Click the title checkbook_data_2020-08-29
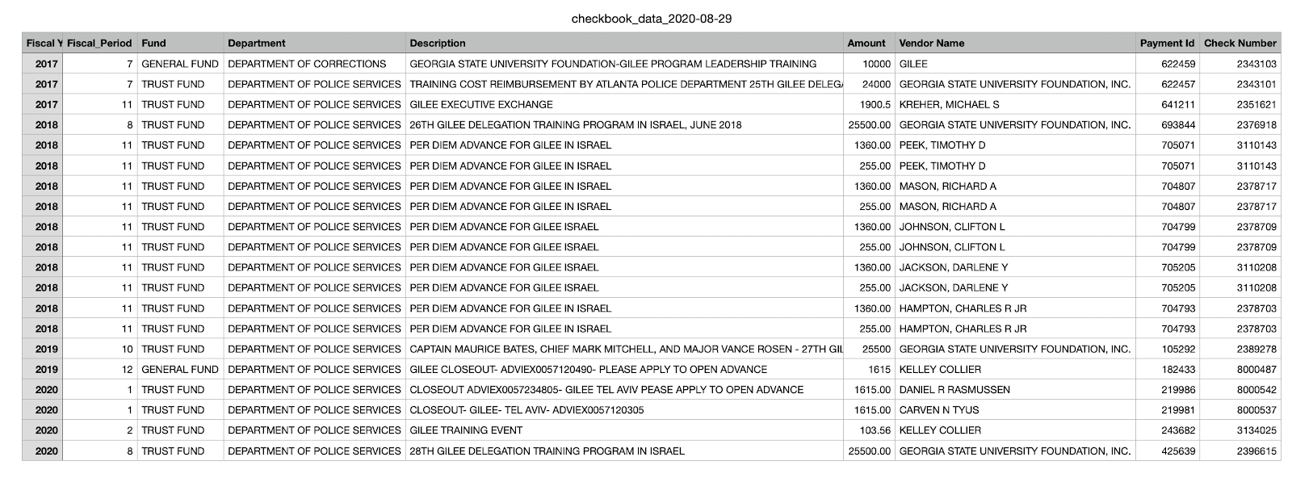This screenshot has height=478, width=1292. pos(651,19)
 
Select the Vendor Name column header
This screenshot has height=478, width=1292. pos(932,44)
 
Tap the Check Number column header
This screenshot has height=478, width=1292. pos(1240,44)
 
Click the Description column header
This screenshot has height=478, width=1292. pos(438,44)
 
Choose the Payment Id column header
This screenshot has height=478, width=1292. pos(1167,44)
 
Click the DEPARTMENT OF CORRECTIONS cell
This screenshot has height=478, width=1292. pos(307,64)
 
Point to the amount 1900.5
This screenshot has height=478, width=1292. pos(875,104)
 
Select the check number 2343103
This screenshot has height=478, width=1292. pos(1256,64)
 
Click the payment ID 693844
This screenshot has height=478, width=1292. pos(1178,125)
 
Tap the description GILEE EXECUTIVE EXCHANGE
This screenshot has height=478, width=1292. pos(481,104)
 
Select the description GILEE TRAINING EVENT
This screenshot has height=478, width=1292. pos(466,430)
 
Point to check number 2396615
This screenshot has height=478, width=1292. pos(1256,451)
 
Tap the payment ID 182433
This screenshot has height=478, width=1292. pos(1178,369)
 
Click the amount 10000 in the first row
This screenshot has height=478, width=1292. pos(876,64)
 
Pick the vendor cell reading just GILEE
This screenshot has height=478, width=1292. pos(913,64)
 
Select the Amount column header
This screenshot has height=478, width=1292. pos(866,44)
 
